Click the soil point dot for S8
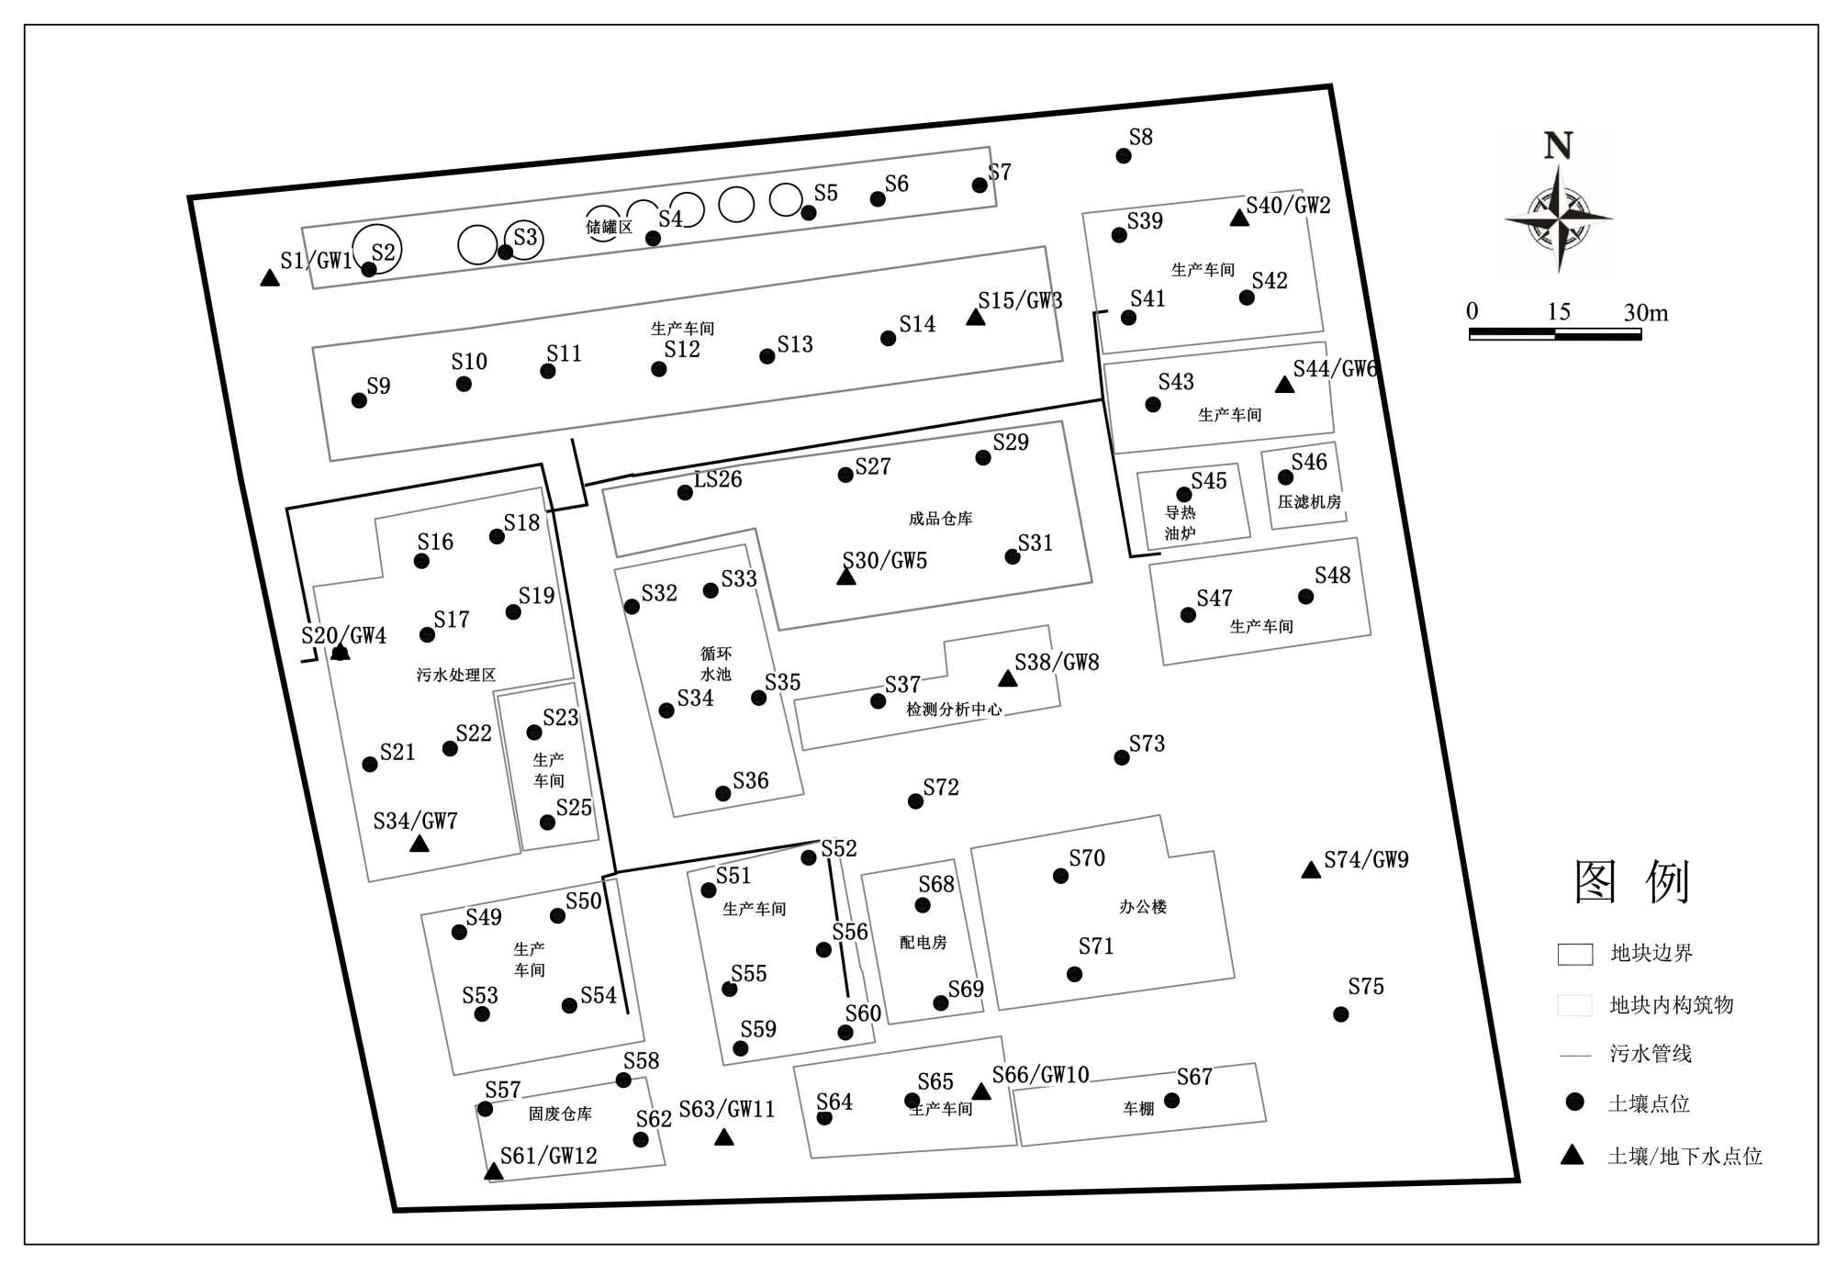[1123, 156]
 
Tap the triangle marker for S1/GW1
[269, 278]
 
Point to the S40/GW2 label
[1288, 205]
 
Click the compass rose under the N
[1559, 218]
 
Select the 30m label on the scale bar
[1645, 313]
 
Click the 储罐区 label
[609, 227]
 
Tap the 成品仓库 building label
[940, 519]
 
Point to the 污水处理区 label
[455, 675]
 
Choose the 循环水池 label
[715, 664]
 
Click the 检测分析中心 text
[954, 709]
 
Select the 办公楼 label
[1142, 907]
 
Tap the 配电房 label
[923, 943]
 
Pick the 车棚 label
[1138, 1109]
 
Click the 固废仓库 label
[560, 1114]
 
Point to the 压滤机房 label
[1309, 502]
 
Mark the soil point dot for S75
[1340, 1014]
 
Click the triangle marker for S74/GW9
[1311, 870]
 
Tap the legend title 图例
[1631, 882]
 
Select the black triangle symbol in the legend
[1573, 1155]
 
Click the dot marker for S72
[915, 801]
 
